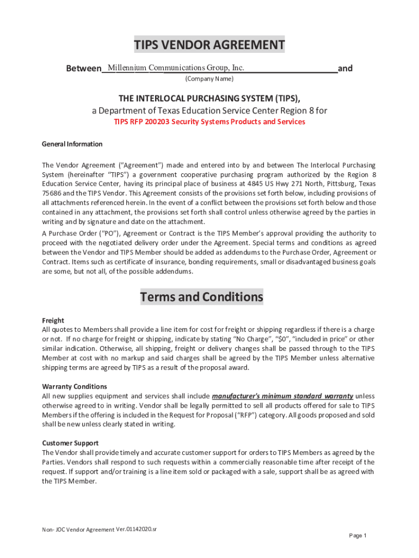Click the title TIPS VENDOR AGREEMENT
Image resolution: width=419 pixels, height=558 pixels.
pos(209,45)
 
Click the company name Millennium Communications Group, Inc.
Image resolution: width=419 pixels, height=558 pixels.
pos(176,68)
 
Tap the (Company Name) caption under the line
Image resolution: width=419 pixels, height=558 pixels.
pos(209,79)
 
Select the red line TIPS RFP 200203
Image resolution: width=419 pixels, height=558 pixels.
pos(209,122)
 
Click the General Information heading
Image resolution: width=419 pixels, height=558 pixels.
pos(72,144)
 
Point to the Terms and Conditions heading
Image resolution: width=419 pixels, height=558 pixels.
pos(202,297)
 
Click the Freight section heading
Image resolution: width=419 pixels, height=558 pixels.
pos(53,320)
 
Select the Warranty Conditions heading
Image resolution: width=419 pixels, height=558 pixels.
pos(70,387)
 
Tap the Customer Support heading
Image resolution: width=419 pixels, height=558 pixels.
pos(70,443)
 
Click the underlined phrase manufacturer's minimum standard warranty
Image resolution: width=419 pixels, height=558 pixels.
pos(282,396)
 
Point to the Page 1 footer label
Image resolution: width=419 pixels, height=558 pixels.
pos(358,536)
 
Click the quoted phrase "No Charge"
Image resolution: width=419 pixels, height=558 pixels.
pos(253,339)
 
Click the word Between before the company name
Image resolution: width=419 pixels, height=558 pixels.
pos(83,69)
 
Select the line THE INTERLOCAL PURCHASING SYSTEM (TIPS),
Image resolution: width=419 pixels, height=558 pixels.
pos(209,98)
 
